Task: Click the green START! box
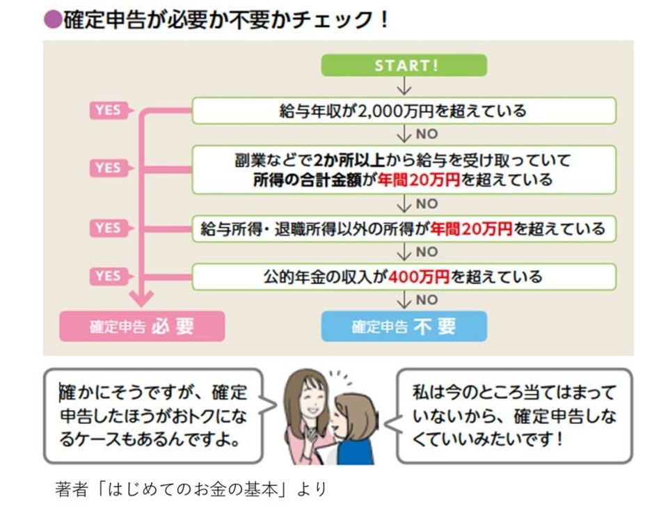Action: click(404, 65)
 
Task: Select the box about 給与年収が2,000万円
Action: click(404, 111)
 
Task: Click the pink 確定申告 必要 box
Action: click(142, 326)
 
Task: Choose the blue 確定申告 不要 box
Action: click(404, 326)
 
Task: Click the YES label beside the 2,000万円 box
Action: click(108, 111)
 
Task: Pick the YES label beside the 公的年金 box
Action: click(108, 276)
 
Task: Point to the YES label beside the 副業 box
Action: click(108, 168)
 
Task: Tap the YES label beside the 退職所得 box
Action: click(108, 228)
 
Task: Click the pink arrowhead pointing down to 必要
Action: click(141, 299)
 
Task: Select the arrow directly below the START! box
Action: click(404, 86)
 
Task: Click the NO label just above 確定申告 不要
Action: click(427, 300)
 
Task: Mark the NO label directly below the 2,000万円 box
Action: click(427, 134)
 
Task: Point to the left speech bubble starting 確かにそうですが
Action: click(153, 416)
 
